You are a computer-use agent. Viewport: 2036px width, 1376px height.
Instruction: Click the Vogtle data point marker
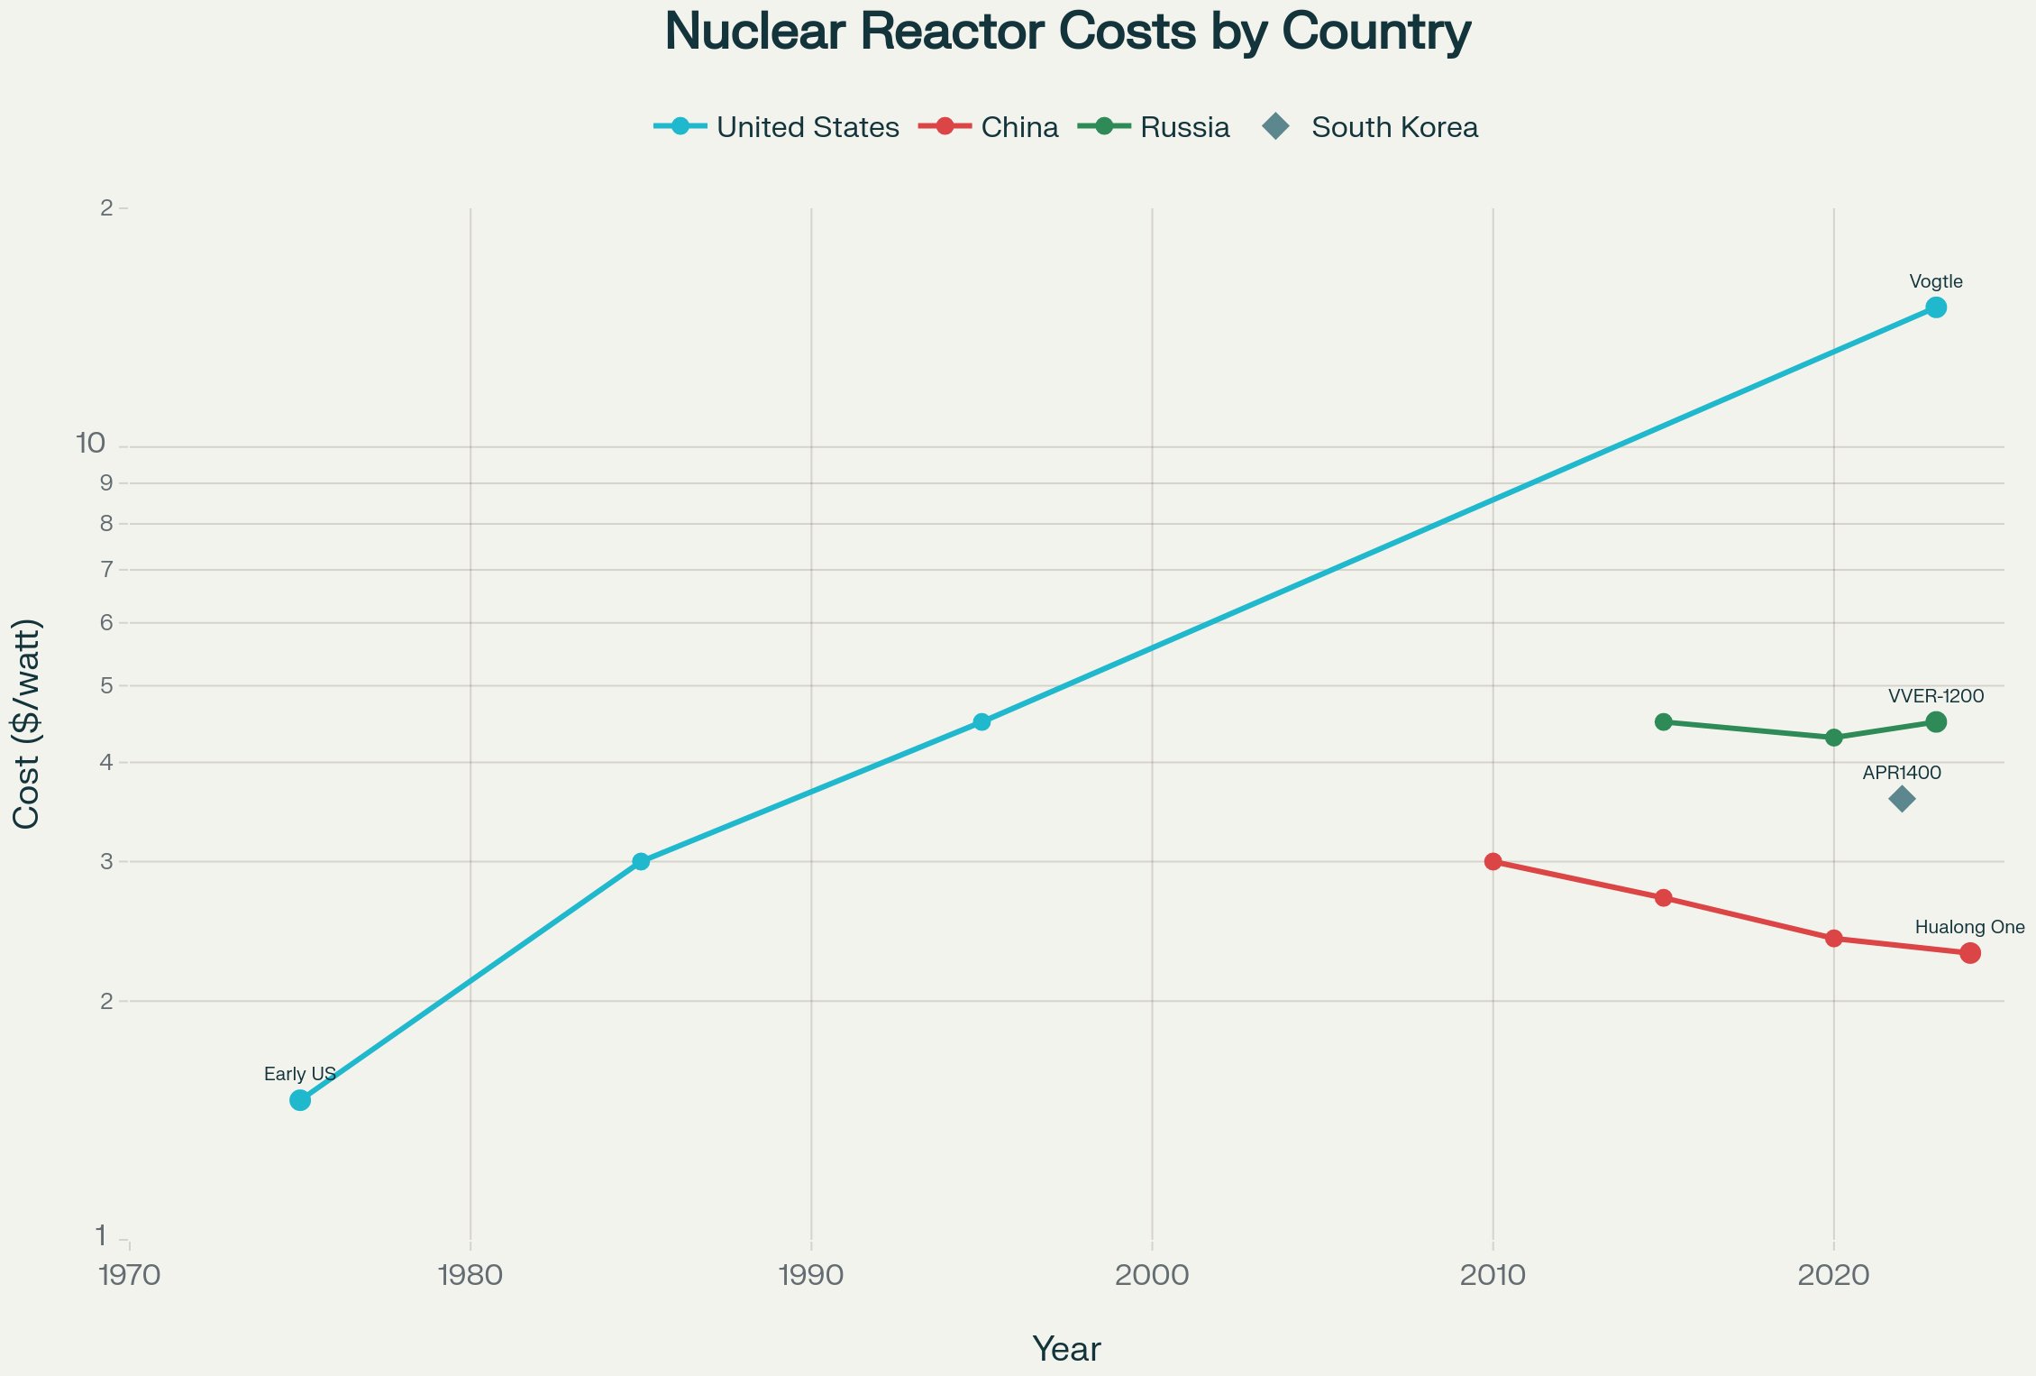pos(1935,307)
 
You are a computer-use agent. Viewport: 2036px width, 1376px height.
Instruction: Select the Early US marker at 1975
pos(300,1100)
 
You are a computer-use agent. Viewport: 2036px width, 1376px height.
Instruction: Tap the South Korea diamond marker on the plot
pos(1902,799)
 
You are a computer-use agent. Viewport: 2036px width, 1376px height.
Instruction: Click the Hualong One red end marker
pos(1969,953)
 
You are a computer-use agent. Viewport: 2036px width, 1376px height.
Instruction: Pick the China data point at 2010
pos(1493,861)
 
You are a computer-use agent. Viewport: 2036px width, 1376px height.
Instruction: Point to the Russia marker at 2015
pos(1664,721)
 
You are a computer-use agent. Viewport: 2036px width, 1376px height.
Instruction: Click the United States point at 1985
pos(641,861)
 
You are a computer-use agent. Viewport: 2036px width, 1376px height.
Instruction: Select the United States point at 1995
pos(981,721)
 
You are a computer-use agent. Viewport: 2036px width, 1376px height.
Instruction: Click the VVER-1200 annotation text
pos(1935,696)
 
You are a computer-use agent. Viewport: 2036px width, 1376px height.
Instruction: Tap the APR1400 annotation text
pos(1902,773)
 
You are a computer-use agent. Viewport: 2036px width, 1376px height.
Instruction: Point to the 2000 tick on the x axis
pos(1152,1275)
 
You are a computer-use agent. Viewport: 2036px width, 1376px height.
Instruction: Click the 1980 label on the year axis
pos(470,1275)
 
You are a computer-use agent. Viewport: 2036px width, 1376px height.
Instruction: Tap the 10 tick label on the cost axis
pos(91,444)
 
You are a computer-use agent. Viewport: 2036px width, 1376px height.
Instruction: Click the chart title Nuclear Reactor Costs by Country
pos(1067,32)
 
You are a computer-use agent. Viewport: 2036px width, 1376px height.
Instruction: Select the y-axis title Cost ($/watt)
pos(27,724)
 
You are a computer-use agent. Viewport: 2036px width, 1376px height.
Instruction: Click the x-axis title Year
pos(1066,1349)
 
